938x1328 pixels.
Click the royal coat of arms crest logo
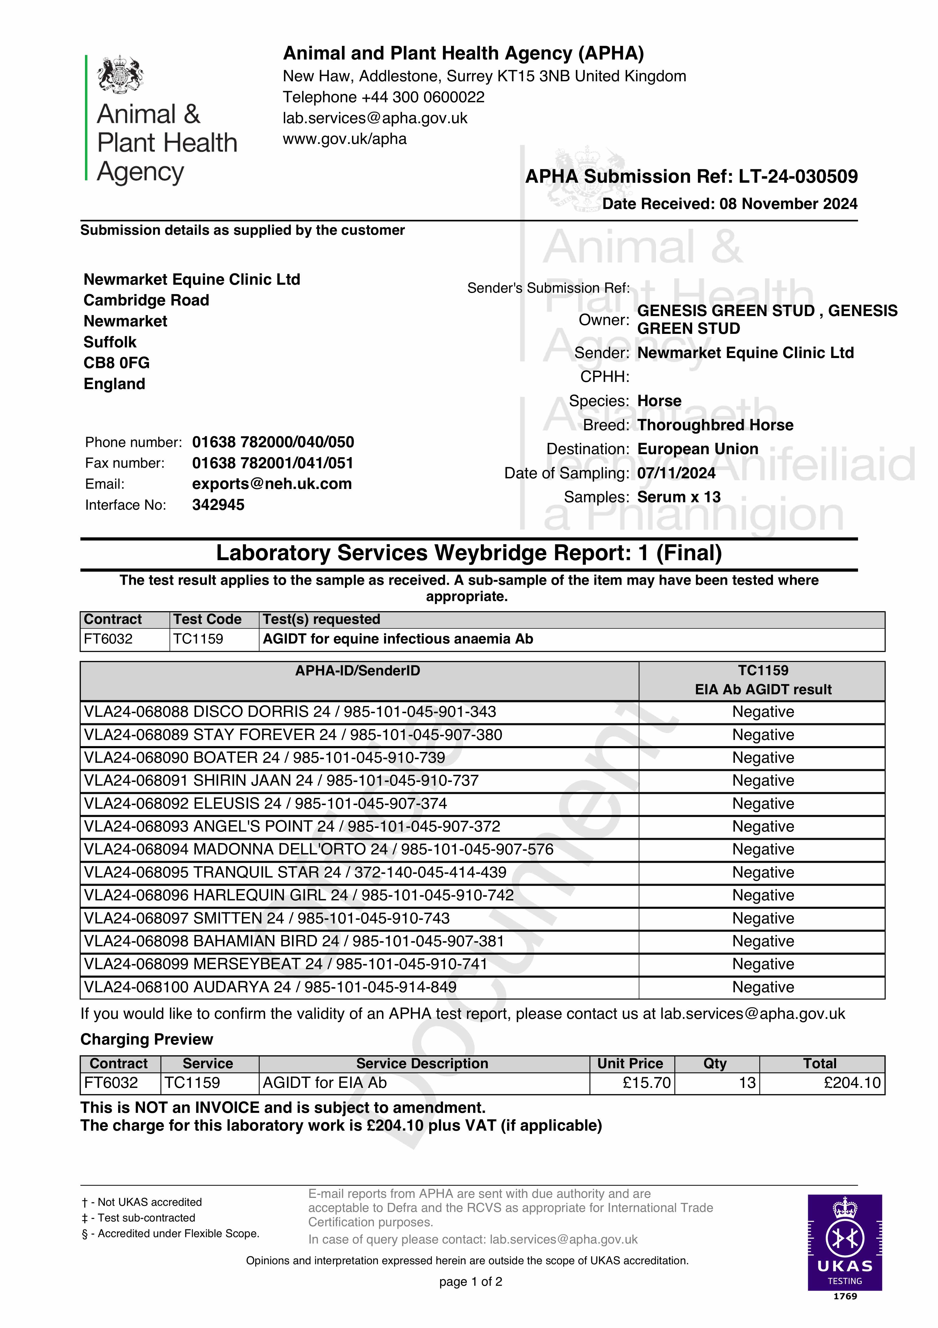pyautogui.click(x=120, y=74)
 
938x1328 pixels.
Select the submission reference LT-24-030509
pyautogui.click(x=798, y=176)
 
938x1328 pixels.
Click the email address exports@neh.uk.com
pyautogui.click(x=272, y=484)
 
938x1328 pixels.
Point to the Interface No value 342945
pyautogui.click(x=218, y=505)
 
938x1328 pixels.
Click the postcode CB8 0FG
pyautogui.click(x=116, y=363)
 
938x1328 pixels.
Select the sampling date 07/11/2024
pyautogui.click(x=676, y=473)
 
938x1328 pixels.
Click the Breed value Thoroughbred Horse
pyautogui.click(x=715, y=425)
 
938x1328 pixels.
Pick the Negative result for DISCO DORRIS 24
pyautogui.click(x=763, y=712)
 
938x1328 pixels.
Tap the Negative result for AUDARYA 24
pyautogui.click(x=763, y=987)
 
